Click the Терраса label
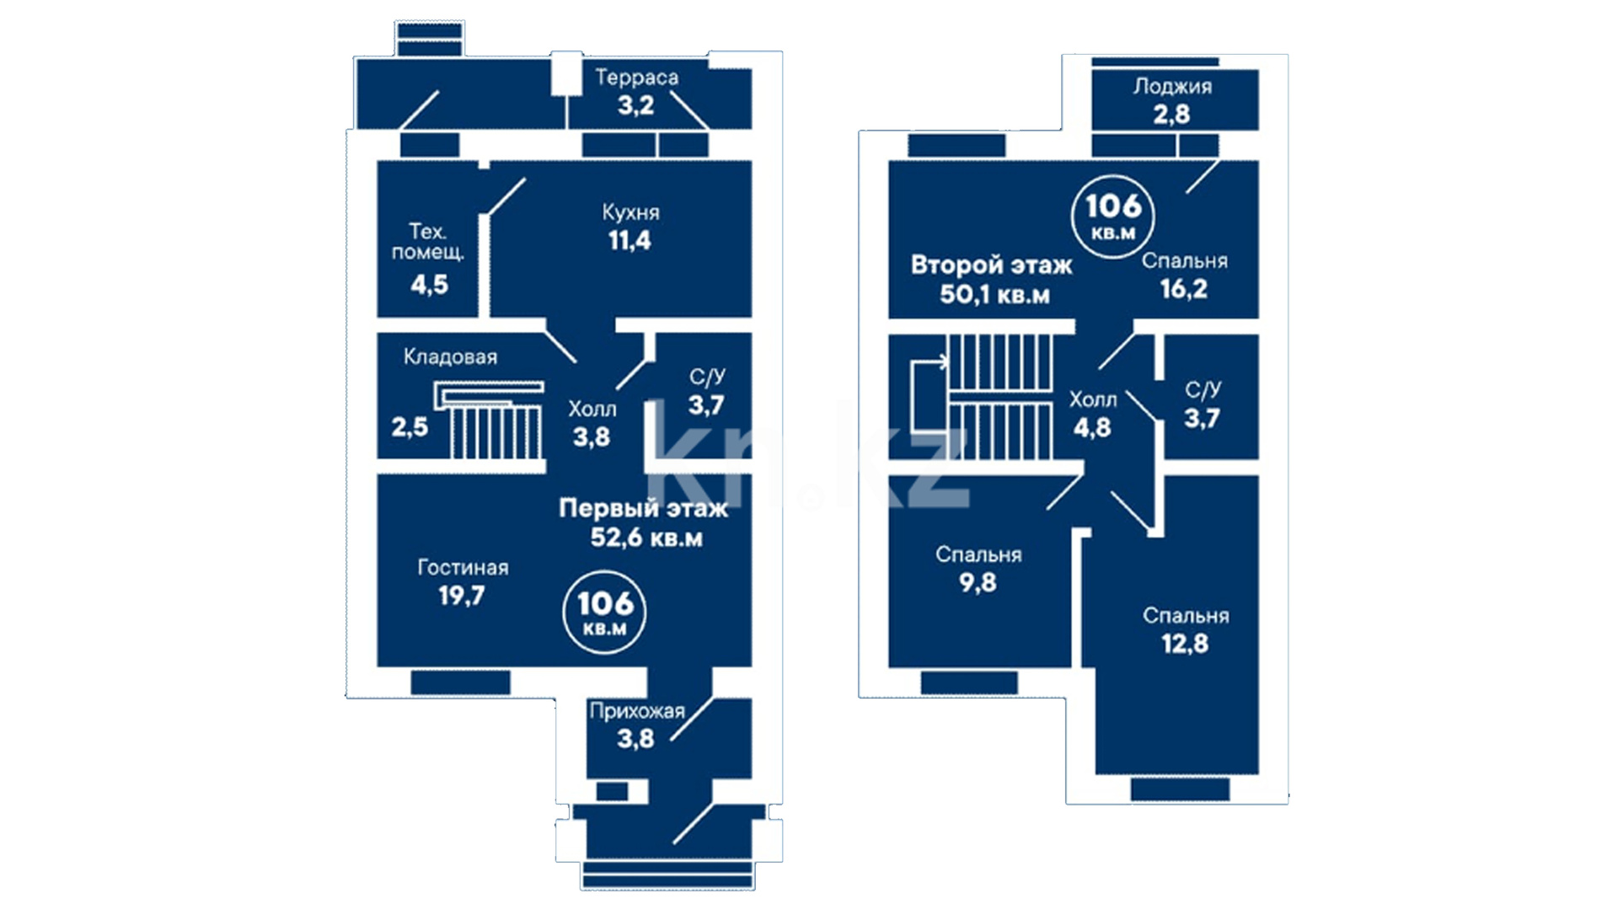pos(636,78)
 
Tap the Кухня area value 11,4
pos(630,241)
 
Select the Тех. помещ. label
pos(427,242)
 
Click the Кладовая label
pos(450,357)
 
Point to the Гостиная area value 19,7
pos(461,597)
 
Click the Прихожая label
pos(637,712)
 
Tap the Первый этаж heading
pos(643,508)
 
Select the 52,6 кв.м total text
pos(646,538)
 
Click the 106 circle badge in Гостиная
pos(604,613)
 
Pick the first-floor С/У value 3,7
pos(706,405)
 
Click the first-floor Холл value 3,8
pos(592,437)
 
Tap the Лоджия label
pos(1172,86)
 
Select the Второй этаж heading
pos(992,265)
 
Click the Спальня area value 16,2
pos(1183,289)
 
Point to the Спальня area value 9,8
pos(978,583)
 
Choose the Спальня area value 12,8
pos(1185,645)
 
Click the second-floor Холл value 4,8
pos(1092,428)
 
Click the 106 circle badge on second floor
pos(1113,216)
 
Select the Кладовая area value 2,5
pos(410,427)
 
